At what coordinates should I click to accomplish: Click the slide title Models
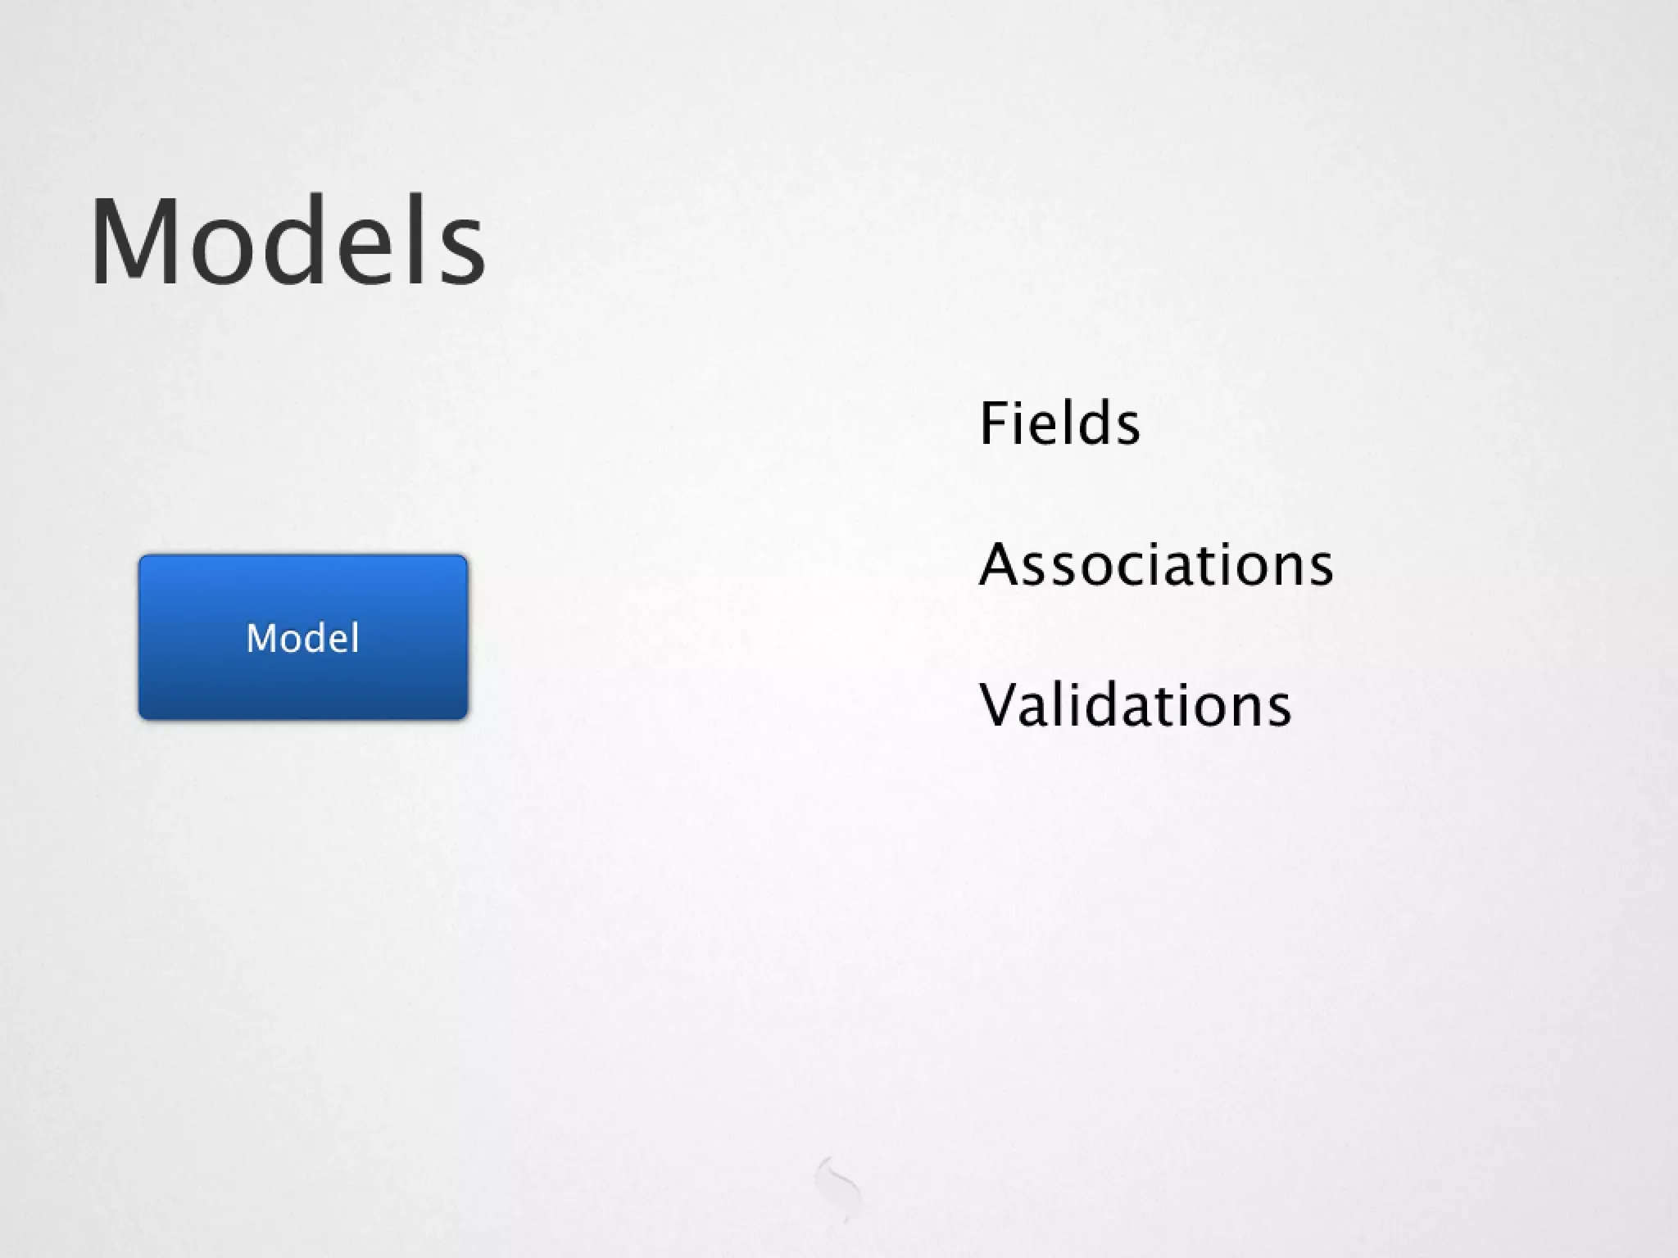pyautogui.click(x=288, y=242)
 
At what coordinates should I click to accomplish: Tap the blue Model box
pyautogui.click(x=303, y=637)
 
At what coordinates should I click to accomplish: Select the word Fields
pyautogui.click(x=1059, y=423)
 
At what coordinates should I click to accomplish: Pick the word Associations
pyautogui.click(x=1156, y=564)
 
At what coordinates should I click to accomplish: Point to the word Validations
pyautogui.click(x=1135, y=705)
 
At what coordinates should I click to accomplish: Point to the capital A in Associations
pyautogui.click(x=1002, y=564)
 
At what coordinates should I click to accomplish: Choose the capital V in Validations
pyautogui.click(x=1002, y=705)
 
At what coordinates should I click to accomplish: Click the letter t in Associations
pyautogui.click(x=1199, y=566)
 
